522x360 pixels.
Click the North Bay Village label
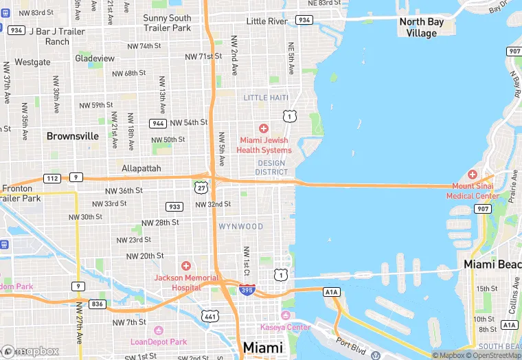click(x=422, y=27)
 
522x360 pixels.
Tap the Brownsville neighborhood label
click(x=73, y=136)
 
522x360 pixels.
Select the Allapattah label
click(x=141, y=168)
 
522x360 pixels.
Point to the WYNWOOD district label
click(x=241, y=227)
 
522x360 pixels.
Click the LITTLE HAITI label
click(x=266, y=98)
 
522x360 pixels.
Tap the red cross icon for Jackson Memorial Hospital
click(x=185, y=266)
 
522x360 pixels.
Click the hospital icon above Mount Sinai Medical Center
click(x=472, y=175)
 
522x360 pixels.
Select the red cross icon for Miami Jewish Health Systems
click(x=263, y=128)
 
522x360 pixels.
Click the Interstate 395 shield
click(x=247, y=290)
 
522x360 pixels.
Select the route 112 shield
click(x=52, y=179)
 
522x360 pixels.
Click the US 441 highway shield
click(x=209, y=315)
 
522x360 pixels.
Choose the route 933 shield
click(x=174, y=206)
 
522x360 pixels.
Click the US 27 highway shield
click(x=201, y=188)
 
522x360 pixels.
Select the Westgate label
click(x=32, y=62)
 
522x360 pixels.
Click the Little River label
click(x=266, y=21)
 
